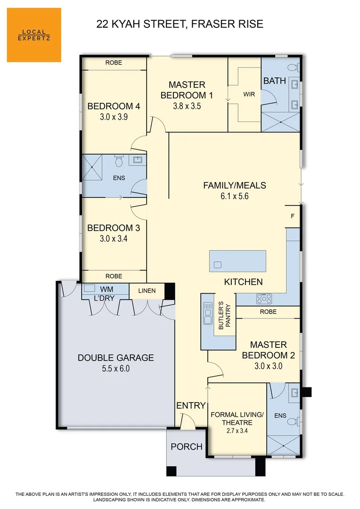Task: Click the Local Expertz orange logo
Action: (x=34, y=35)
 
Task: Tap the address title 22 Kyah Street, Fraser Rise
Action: (x=180, y=24)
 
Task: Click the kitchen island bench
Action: (x=237, y=260)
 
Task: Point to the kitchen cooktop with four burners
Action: (x=264, y=298)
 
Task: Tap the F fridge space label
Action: (x=293, y=216)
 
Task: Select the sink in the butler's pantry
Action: (x=207, y=314)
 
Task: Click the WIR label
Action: (x=249, y=95)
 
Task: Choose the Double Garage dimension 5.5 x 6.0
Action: (x=115, y=369)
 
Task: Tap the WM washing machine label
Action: (x=106, y=289)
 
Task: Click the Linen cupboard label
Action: (x=147, y=291)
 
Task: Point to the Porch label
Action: (x=186, y=446)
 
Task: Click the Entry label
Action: (x=191, y=405)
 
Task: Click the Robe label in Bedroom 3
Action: (x=114, y=276)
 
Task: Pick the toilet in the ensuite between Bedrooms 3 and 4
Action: (x=119, y=162)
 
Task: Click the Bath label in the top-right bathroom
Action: (x=274, y=81)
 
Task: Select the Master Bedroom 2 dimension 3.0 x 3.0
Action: (x=268, y=365)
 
